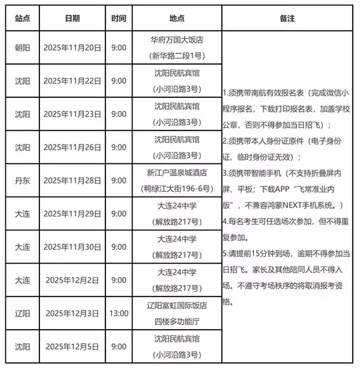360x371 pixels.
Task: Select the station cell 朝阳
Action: [21, 48]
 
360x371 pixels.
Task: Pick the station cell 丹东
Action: [21, 180]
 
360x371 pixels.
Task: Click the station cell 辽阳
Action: [21, 313]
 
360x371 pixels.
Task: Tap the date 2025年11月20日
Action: [73, 48]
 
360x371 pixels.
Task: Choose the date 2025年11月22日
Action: [73, 81]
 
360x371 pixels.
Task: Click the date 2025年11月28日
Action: [73, 180]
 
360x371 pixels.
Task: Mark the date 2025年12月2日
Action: [73, 280]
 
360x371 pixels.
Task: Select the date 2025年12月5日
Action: [73, 346]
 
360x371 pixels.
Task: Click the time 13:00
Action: [119, 313]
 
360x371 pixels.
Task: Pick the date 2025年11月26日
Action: [73, 147]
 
